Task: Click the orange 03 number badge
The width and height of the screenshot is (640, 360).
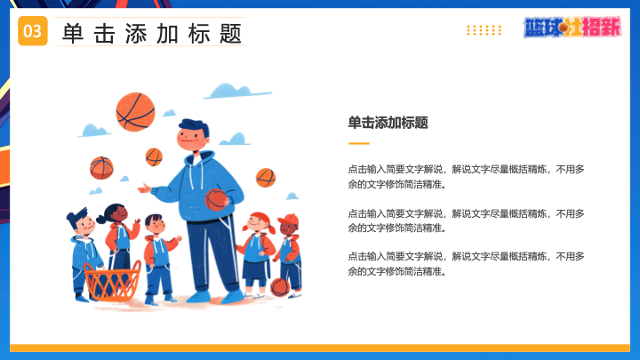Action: (x=33, y=31)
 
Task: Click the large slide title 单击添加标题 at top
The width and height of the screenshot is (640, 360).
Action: (x=152, y=34)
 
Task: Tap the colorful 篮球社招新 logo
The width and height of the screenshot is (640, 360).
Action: (x=572, y=28)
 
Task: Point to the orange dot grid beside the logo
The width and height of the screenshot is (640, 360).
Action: (x=484, y=30)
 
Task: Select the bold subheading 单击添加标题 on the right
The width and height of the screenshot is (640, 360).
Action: (x=388, y=123)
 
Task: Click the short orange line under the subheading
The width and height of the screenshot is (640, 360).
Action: (x=359, y=143)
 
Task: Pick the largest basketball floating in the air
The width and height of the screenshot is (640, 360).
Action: (x=135, y=112)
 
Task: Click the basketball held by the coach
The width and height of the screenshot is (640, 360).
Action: (x=216, y=200)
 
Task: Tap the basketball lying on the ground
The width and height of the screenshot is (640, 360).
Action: (x=280, y=287)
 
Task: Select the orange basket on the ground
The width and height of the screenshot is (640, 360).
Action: (x=112, y=281)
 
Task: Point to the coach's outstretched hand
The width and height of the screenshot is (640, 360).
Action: (x=144, y=188)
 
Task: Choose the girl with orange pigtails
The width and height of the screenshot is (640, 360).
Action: (x=256, y=254)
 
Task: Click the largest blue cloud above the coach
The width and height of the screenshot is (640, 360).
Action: (x=236, y=91)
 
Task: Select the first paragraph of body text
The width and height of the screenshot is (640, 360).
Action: (x=466, y=177)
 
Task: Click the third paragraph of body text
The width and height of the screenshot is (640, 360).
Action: (x=466, y=264)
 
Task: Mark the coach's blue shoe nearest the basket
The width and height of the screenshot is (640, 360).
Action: (x=199, y=297)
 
